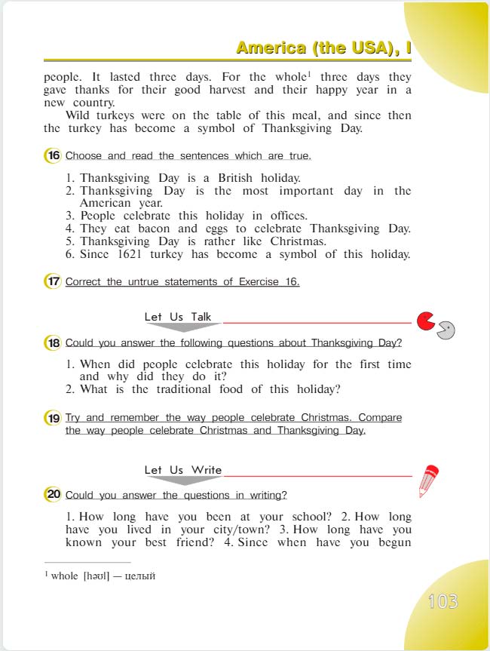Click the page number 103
[443, 601]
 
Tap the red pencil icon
[428, 481]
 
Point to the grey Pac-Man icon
[446, 330]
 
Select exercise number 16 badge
[53, 155]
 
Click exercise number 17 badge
[53, 281]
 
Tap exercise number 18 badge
[53, 342]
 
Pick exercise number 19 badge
[53, 417]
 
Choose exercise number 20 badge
[53, 495]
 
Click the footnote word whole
[65, 576]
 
